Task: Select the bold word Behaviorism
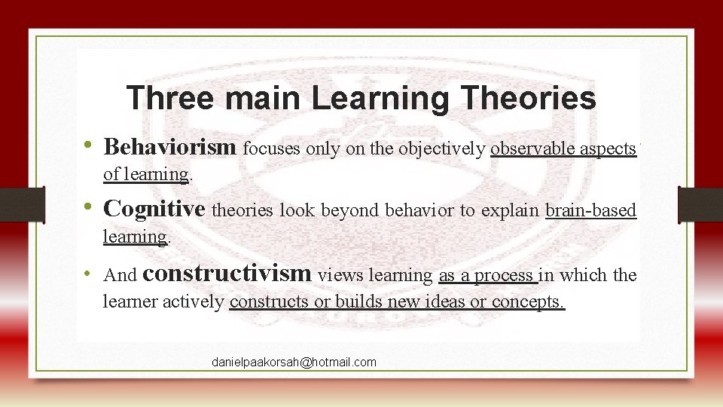click(170, 147)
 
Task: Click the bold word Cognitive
click(154, 209)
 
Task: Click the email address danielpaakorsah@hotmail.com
click(294, 363)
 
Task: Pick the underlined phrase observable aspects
click(563, 148)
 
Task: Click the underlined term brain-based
click(591, 211)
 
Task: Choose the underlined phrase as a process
click(487, 276)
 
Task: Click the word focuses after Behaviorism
click(272, 148)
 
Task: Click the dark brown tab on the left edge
click(22, 204)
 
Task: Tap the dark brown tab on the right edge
click(700, 204)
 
